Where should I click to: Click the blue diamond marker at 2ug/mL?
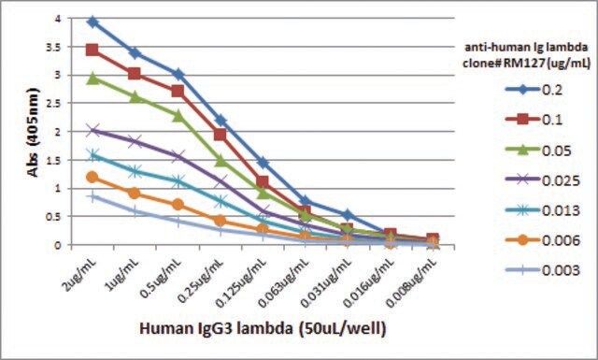point(93,22)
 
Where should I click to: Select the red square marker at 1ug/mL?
point(135,73)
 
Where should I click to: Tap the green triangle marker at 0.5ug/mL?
point(178,116)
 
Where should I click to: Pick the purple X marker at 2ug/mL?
point(93,130)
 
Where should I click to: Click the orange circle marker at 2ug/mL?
point(93,177)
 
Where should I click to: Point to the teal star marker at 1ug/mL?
point(135,170)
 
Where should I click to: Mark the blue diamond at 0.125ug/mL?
point(263,163)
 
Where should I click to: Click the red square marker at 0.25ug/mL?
point(221,135)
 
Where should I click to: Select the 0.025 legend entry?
point(543,180)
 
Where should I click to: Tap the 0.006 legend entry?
point(543,240)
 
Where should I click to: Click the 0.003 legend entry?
point(543,270)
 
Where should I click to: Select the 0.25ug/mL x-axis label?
point(200,281)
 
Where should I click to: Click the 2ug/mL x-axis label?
point(81,274)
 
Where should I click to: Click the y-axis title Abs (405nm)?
point(34,133)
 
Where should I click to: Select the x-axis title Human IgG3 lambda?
point(217,328)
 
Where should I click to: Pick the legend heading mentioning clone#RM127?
point(526,54)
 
